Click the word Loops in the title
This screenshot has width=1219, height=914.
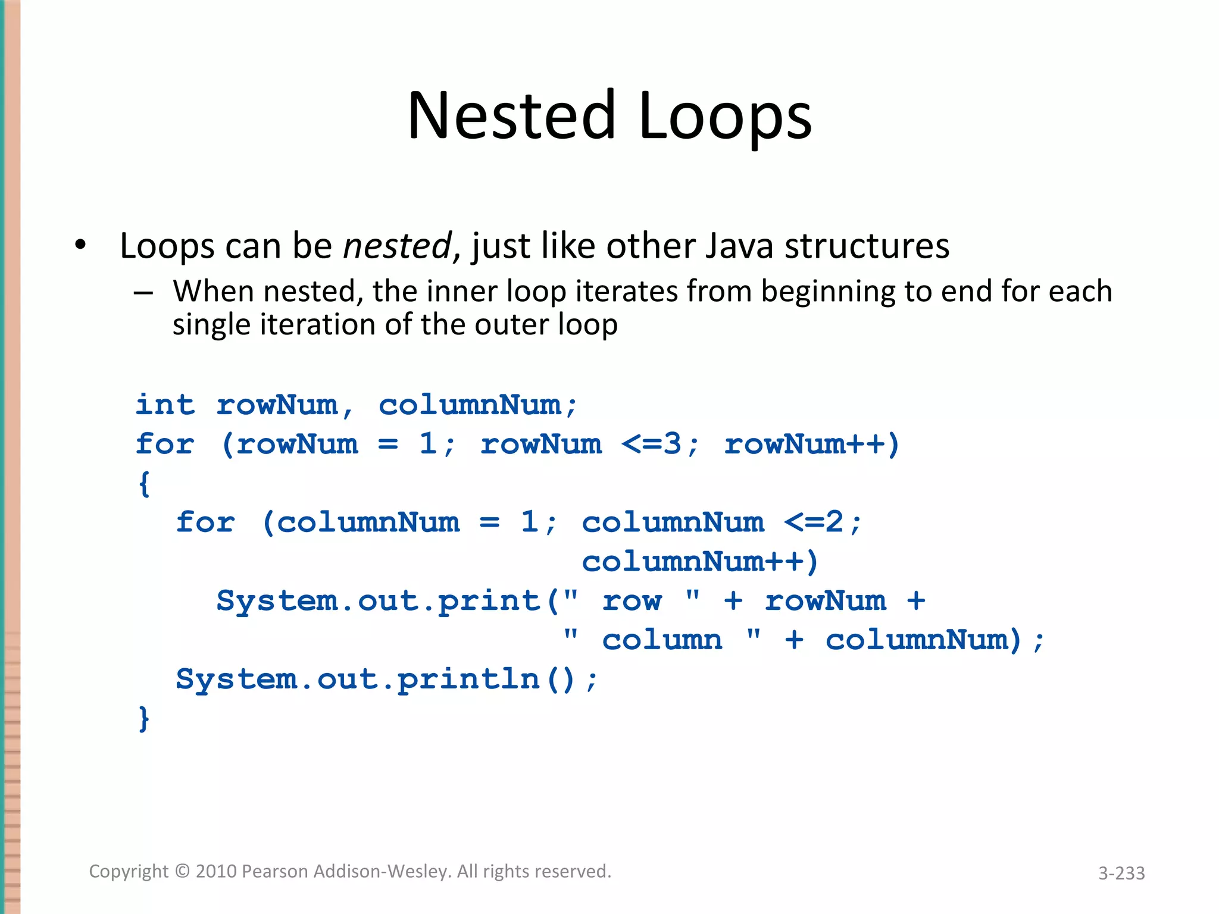point(725,117)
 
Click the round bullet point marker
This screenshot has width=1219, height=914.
point(80,245)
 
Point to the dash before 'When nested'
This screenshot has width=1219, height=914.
point(143,293)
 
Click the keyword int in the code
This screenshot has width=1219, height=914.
point(165,405)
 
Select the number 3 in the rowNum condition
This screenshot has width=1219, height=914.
point(673,444)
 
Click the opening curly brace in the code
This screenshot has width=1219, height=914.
point(143,483)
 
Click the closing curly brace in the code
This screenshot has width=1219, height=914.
point(143,718)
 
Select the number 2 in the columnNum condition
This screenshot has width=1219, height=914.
point(834,522)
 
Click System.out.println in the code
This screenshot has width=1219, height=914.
point(357,679)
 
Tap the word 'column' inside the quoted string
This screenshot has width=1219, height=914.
point(662,640)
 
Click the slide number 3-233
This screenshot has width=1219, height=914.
point(1121,873)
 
